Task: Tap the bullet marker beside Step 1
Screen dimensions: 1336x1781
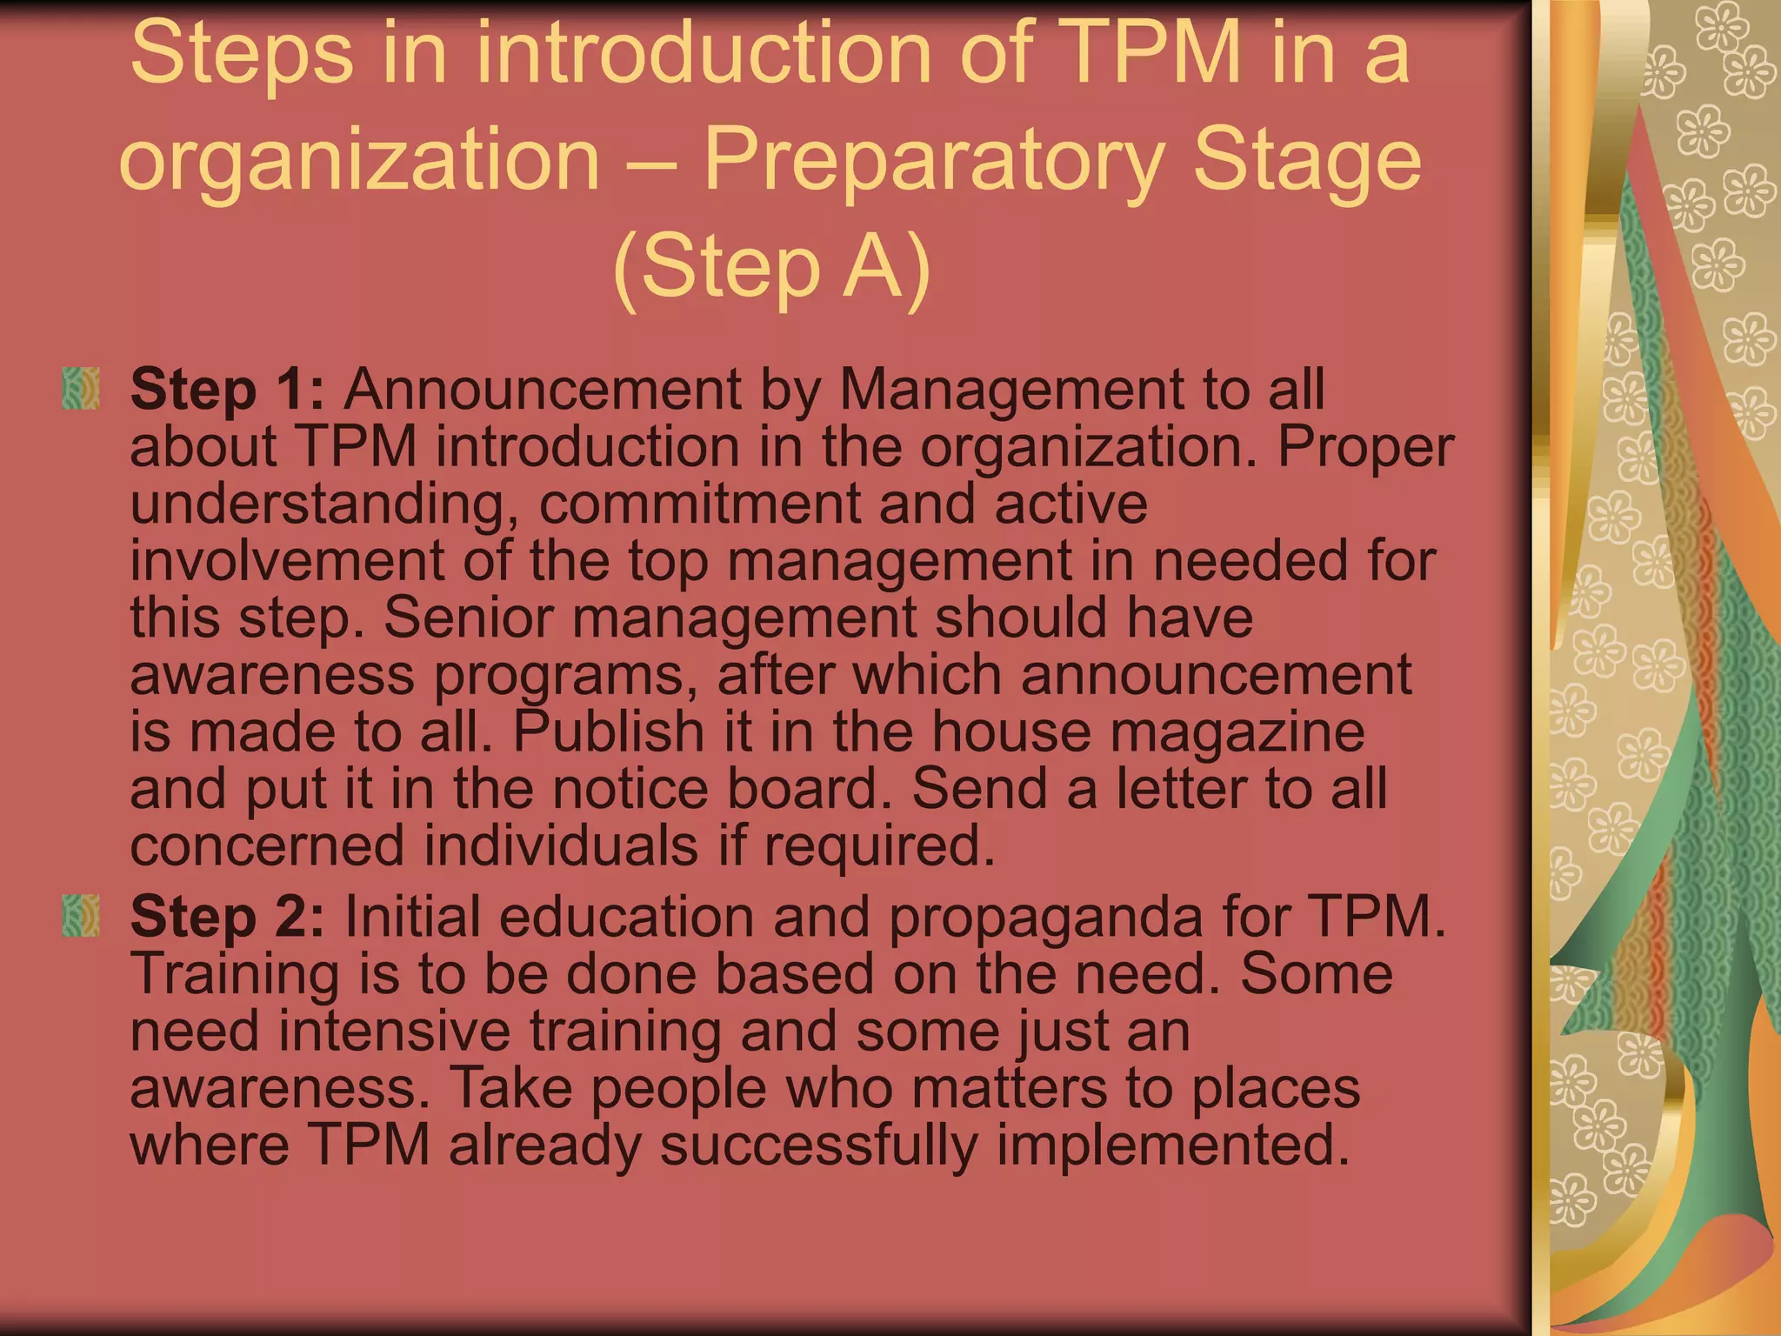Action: tap(81, 389)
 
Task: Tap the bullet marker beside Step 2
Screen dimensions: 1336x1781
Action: tap(81, 917)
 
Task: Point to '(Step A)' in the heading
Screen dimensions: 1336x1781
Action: tap(771, 266)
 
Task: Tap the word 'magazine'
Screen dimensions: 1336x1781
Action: tap(1237, 732)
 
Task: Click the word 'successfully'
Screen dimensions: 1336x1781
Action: tap(818, 1146)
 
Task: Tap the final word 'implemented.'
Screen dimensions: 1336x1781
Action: tap(1173, 1146)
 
